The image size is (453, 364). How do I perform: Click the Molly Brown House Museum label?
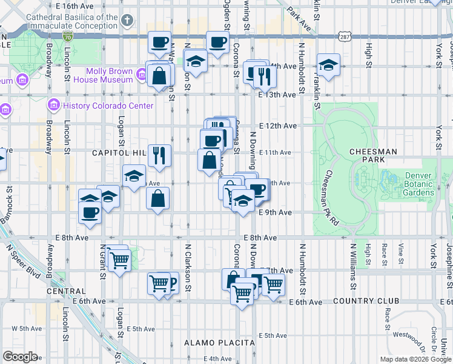[109, 75]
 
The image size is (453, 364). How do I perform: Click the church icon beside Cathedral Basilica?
[126, 22]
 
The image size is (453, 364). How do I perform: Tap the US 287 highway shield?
[345, 36]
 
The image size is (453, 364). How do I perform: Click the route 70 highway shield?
[67, 36]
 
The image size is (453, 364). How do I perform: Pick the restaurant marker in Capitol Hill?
[159, 155]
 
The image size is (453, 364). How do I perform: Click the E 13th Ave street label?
[277, 95]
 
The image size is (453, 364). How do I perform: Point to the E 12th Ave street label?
[277, 126]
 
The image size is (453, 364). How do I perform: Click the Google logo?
[20, 357]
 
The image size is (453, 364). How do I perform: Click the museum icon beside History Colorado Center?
[53, 106]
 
